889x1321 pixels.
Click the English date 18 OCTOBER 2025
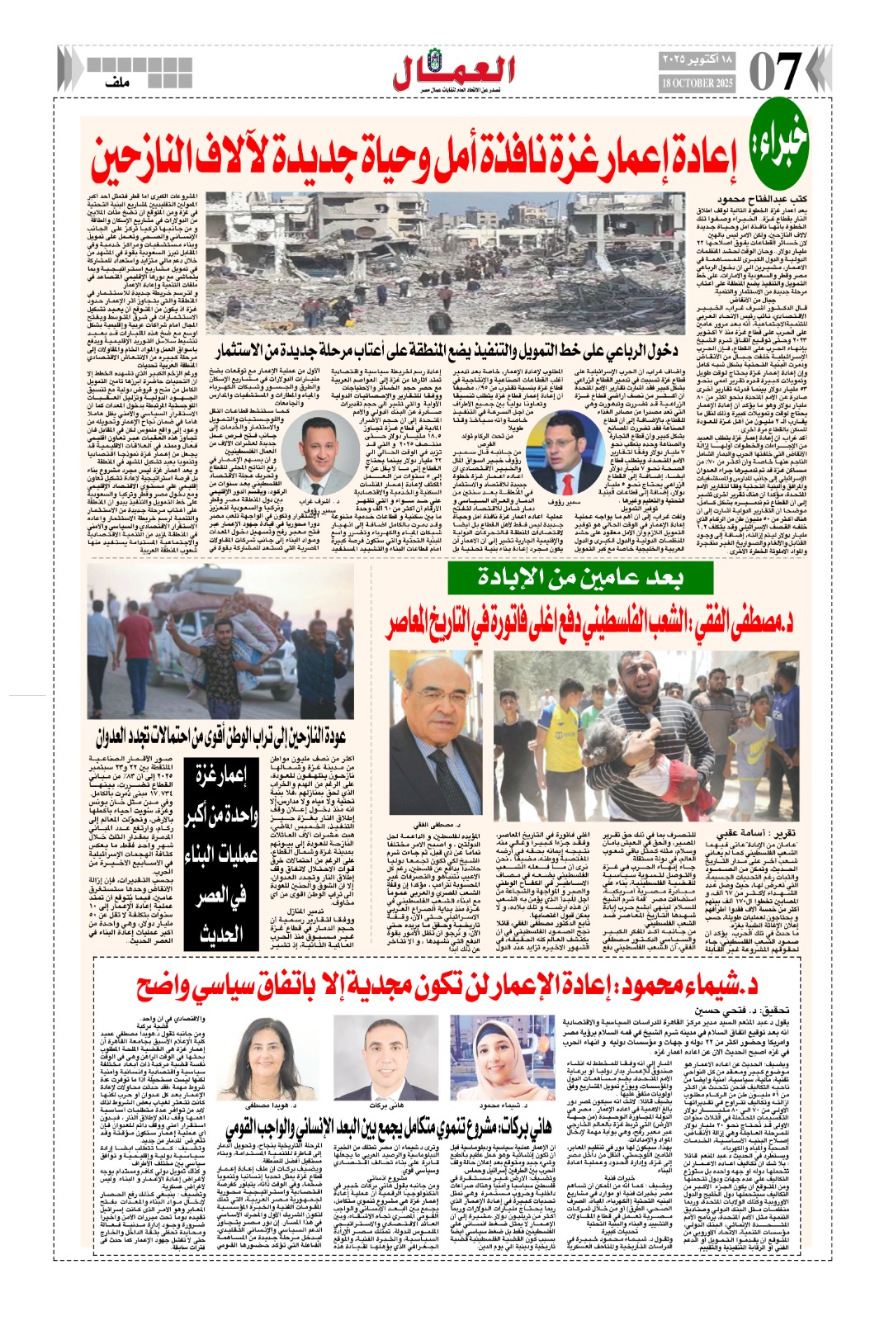click(x=697, y=84)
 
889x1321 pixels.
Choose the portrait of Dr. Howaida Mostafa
click(x=269, y=1058)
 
